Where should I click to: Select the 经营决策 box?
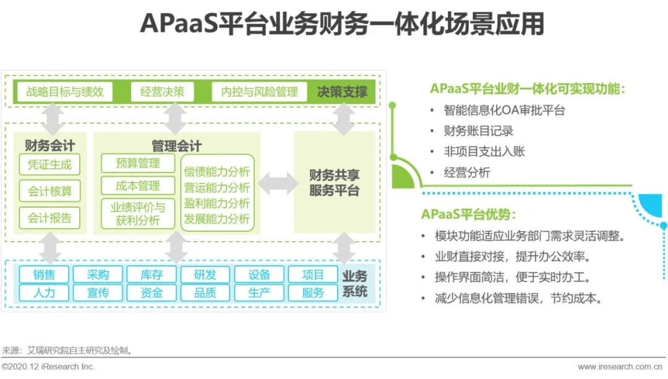click(162, 92)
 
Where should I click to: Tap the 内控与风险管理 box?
click(259, 92)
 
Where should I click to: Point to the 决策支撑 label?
click(342, 92)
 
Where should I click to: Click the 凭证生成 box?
click(49, 164)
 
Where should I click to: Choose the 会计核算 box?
click(49, 192)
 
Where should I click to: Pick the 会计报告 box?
click(49, 218)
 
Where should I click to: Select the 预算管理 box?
click(138, 163)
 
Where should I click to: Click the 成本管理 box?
click(138, 186)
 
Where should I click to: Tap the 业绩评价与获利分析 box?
click(138, 213)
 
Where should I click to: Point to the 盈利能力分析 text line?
click(216, 203)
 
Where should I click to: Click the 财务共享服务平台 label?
click(334, 182)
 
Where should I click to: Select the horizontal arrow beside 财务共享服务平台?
click(278, 184)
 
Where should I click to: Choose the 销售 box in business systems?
click(44, 275)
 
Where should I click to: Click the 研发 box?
click(205, 275)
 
